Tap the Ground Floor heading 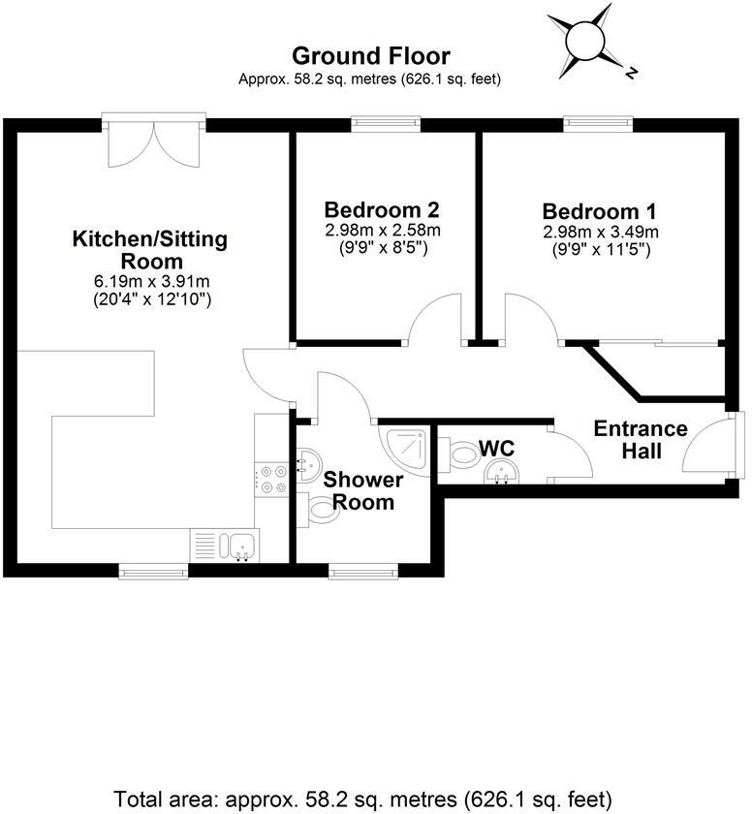click(x=370, y=56)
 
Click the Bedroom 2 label click(x=382, y=210)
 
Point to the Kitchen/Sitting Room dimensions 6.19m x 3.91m click(x=153, y=282)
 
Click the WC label click(x=495, y=449)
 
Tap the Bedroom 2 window click(x=386, y=122)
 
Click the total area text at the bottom click(x=363, y=799)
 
